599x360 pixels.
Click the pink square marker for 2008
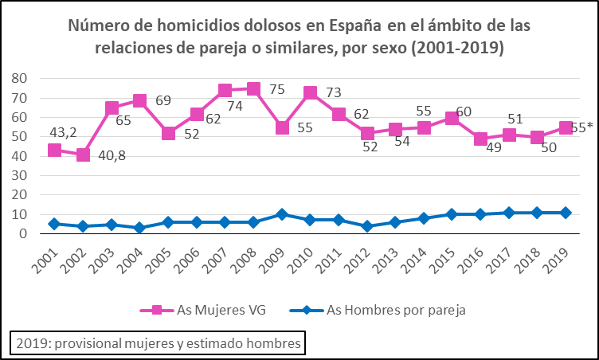[x=253, y=88]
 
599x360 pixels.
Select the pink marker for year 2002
[x=83, y=155]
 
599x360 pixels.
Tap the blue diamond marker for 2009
[x=282, y=214]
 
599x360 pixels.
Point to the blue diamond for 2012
[x=367, y=226]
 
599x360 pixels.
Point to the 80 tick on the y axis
[x=19, y=78]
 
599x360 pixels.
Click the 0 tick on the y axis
[x=24, y=234]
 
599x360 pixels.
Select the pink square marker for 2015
[x=452, y=118]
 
